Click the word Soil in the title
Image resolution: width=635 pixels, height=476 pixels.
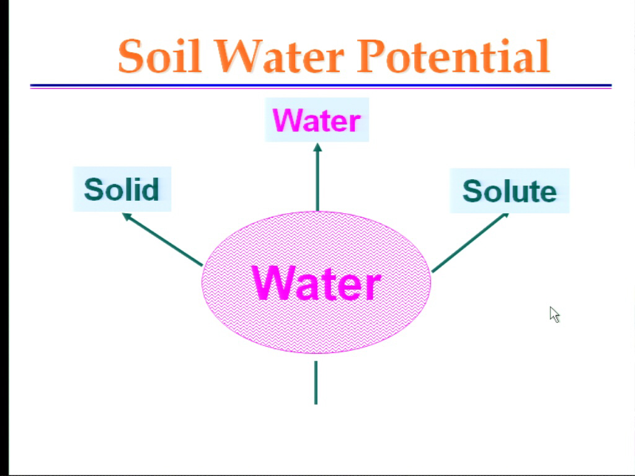tap(159, 56)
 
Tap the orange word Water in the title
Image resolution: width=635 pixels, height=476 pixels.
tap(279, 56)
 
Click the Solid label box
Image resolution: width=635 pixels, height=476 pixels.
tap(122, 189)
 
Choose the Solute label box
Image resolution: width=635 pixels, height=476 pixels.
tap(510, 191)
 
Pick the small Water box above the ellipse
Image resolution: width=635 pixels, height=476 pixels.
tap(317, 120)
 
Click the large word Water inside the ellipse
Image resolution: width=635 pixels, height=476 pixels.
tap(316, 283)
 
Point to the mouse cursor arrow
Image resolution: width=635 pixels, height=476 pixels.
tap(554, 314)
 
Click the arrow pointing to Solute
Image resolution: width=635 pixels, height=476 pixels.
tap(470, 242)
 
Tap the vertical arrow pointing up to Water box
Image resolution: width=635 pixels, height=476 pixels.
tap(317, 177)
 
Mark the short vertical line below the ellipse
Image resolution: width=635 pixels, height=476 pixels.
tap(316, 382)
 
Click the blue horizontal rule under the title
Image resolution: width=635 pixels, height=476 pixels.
tap(321, 86)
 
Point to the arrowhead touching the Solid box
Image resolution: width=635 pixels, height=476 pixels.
tap(127, 216)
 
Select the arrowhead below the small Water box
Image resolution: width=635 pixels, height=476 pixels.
tap(317, 148)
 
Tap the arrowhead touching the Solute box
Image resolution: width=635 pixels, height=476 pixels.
tap(505, 216)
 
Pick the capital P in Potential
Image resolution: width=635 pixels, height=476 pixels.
tap(370, 56)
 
